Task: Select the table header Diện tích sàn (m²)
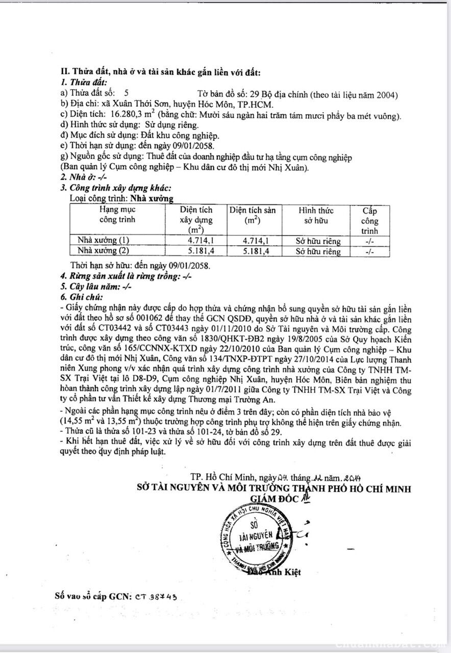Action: pyautogui.click(x=252, y=215)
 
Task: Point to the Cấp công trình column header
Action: pyautogui.click(x=370, y=220)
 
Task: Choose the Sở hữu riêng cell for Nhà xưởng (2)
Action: pyautogui.click(x=318, y=251)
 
